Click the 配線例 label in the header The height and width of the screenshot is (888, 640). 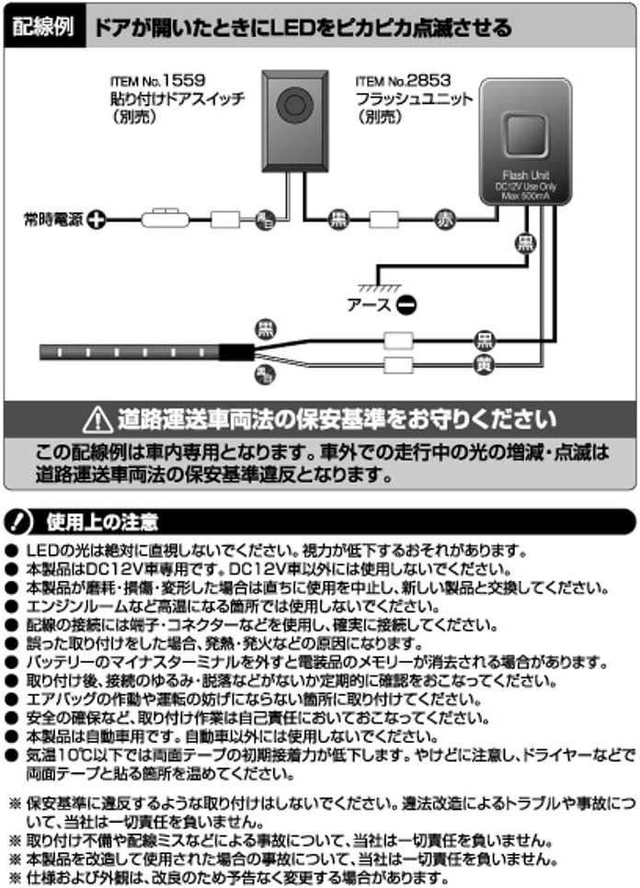pyautogui.click(x=42, y=27)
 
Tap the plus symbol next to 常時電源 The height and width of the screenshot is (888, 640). pyautogui.click(x=94, y=220)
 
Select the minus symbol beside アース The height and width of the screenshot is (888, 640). pyautogui.click(x=407, y=303)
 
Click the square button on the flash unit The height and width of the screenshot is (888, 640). pyautogui.click(x=523, y=136)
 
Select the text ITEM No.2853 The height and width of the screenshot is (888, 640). pyautogui.click(x=400, y=81)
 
